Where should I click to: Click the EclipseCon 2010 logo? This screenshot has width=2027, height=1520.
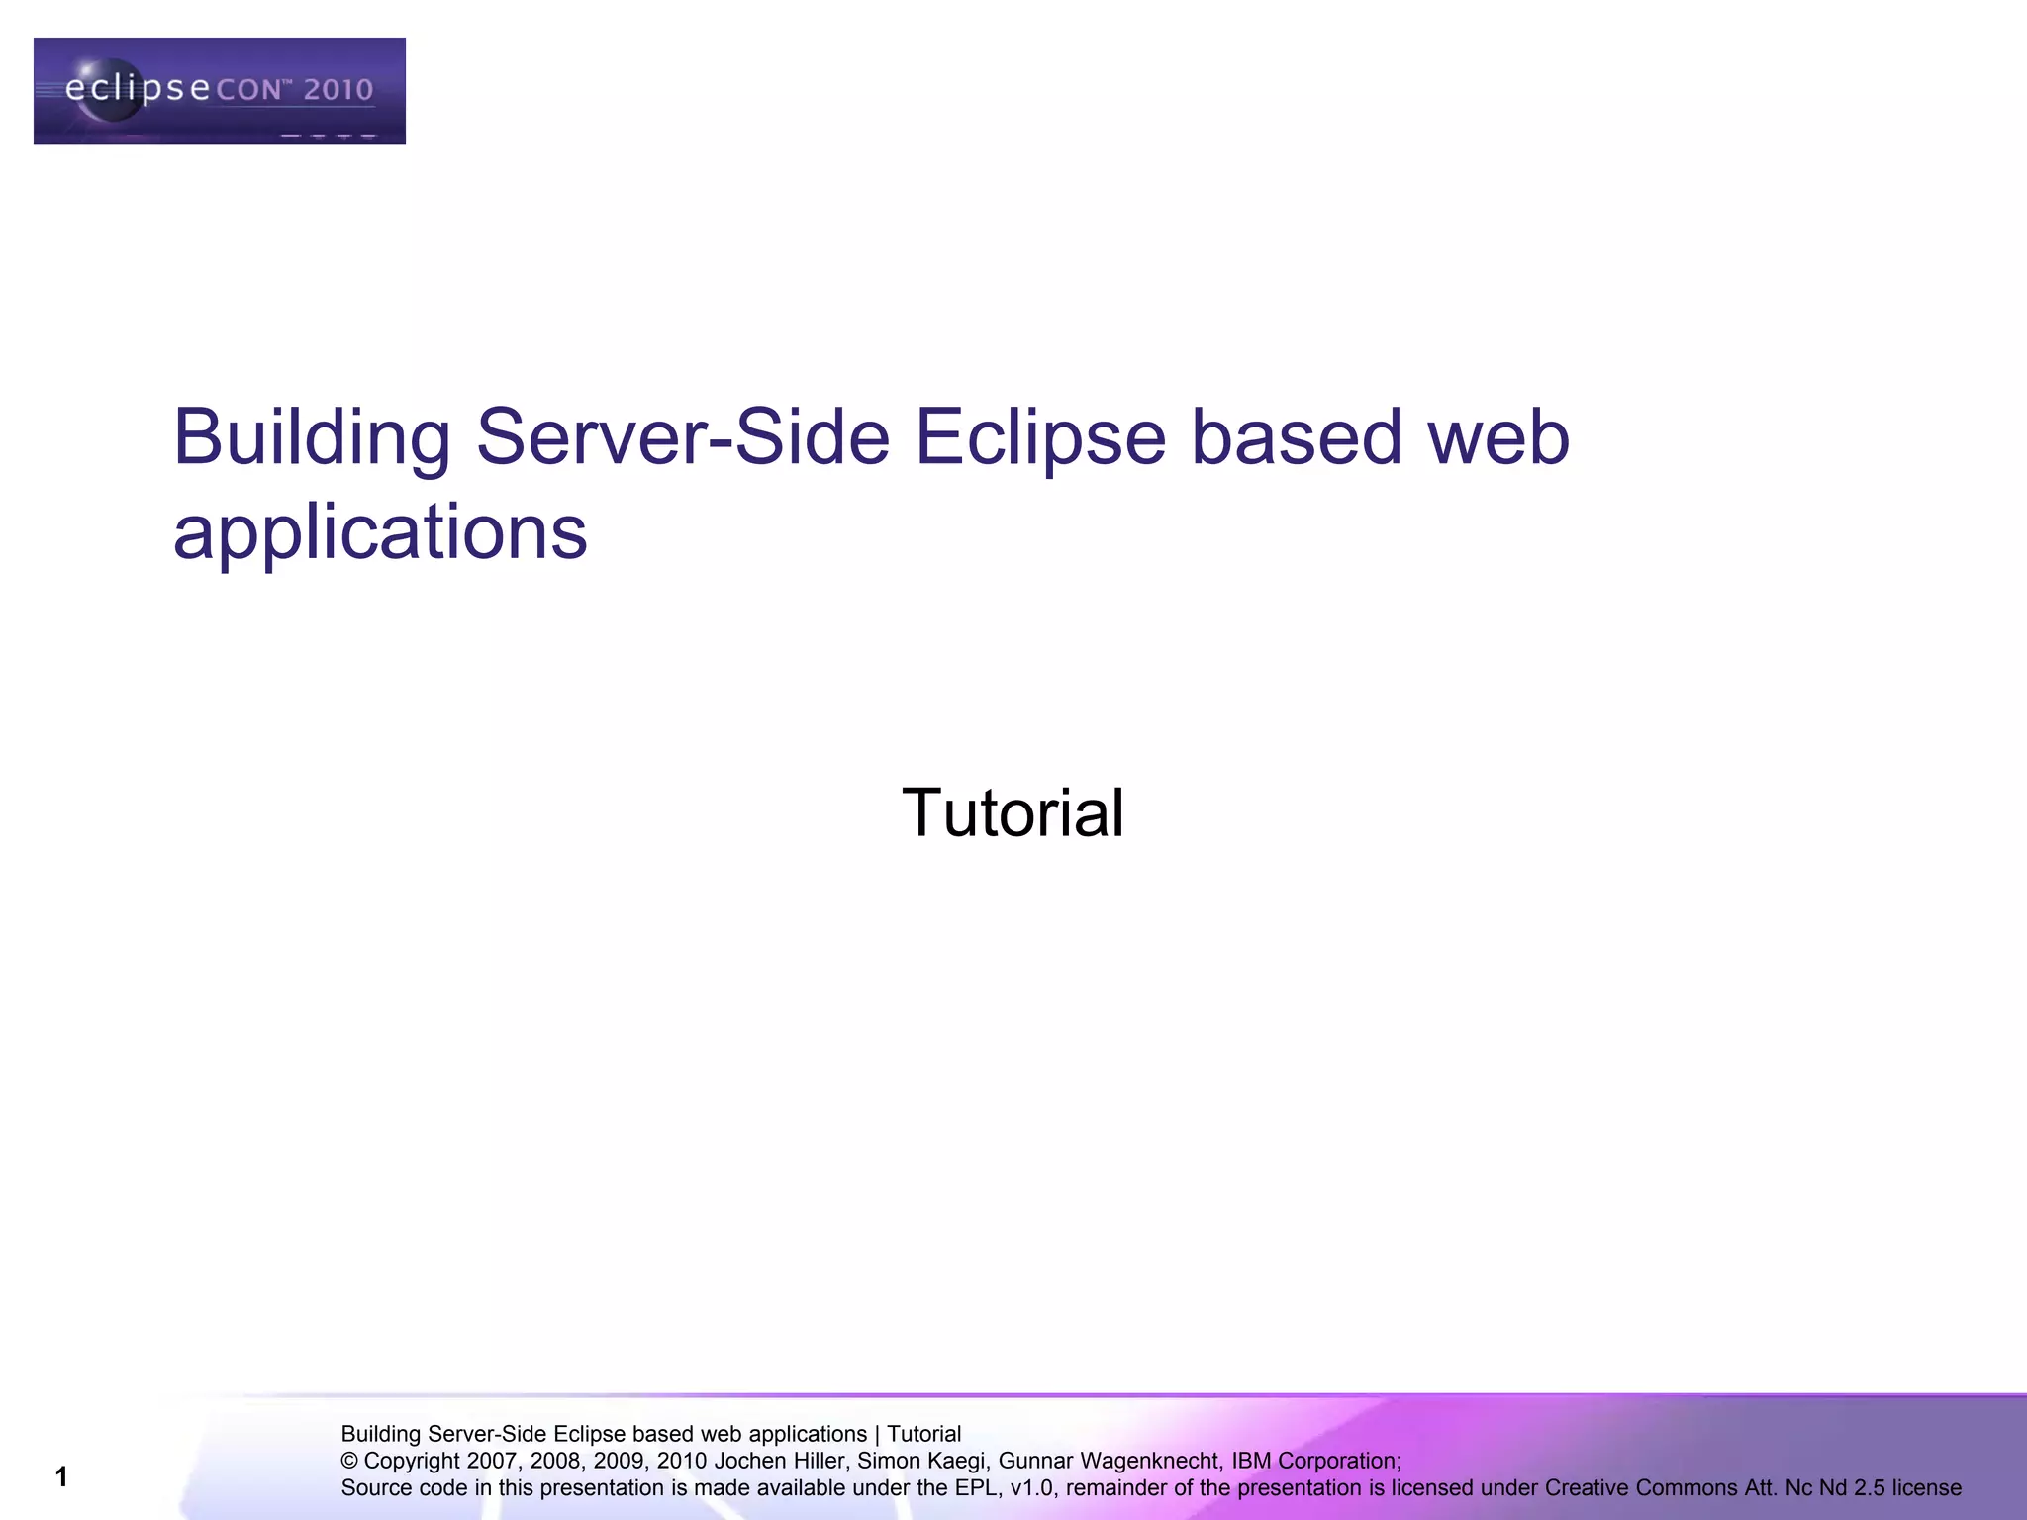[x=219, y=91]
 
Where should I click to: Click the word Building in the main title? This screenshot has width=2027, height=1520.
[x=311, y=437]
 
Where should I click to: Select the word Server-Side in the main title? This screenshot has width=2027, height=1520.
[x=683, y=437]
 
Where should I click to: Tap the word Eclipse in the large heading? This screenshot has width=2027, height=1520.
[x=1040, y=437]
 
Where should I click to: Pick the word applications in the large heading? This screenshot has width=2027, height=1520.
[x=380, y=532]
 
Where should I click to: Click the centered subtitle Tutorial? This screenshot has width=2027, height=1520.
[x=1013, y=812]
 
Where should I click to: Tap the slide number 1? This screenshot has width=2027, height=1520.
[x=61, y=1477]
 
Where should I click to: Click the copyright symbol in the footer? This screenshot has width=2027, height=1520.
[x=349, y=1462]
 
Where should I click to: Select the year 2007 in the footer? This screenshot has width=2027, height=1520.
[x=491, y=1461]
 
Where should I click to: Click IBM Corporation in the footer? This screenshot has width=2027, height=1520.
[x=1314, y=1461]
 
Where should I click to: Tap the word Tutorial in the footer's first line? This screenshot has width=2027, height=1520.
[x=923, y=1434]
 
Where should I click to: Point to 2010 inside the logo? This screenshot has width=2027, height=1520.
[x=338, y=90]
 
